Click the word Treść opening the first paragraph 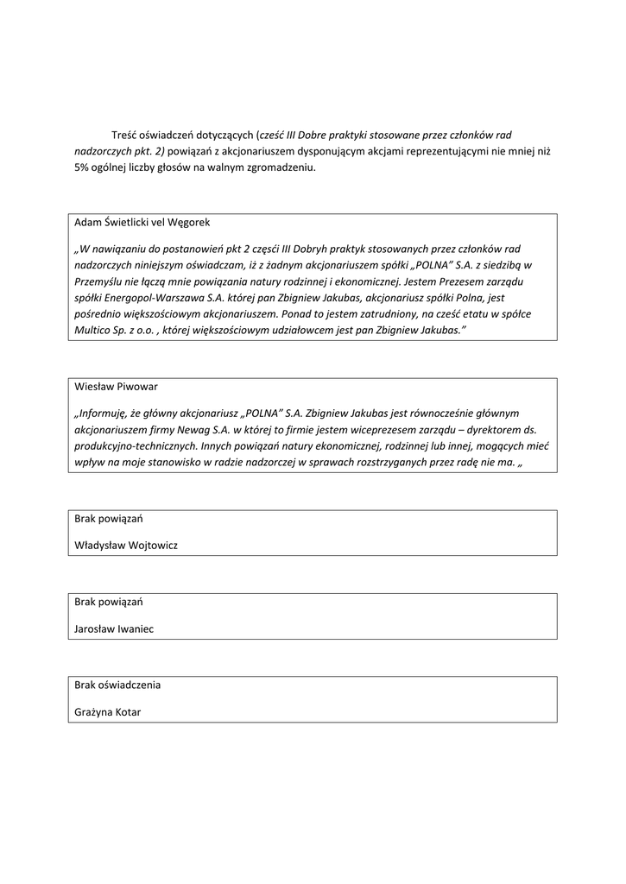click(126, 136)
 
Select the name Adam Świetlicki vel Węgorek click(136, 222)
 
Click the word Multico click(94, 331)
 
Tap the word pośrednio click(98, 314)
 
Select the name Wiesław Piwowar click(116, 387)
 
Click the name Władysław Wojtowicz click(126, 546)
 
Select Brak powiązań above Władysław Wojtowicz click(108, 519)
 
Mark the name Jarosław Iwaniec click(114, 628)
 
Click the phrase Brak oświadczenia click(117, 685)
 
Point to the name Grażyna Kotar click(108, 712)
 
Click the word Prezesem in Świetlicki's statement click(445, 281)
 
